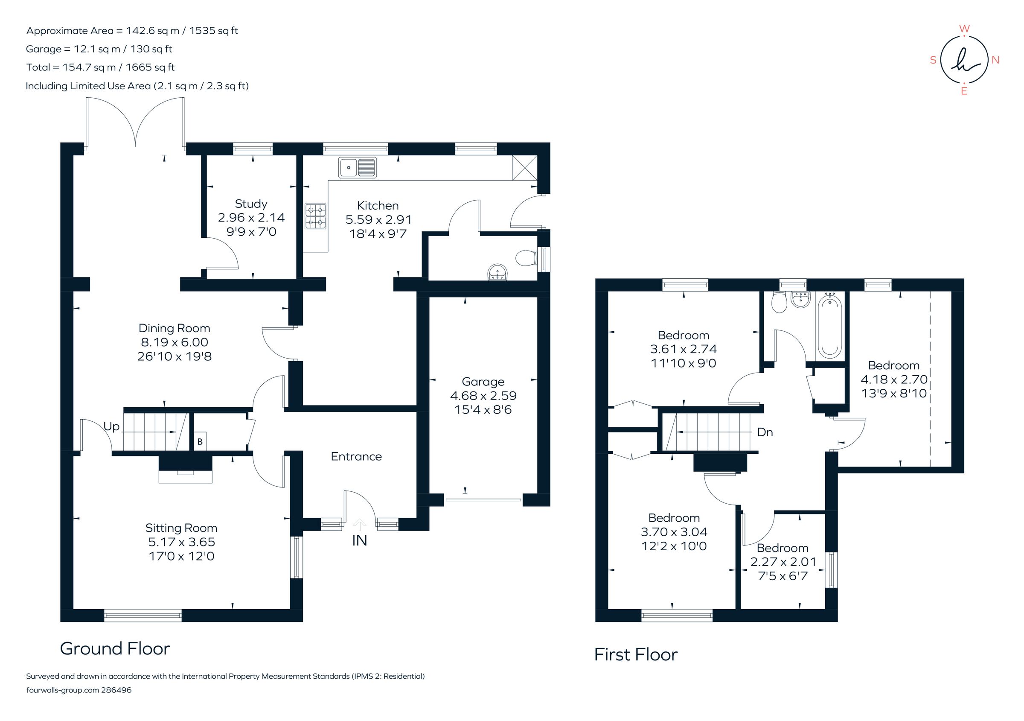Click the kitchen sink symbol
[x=357, y=167]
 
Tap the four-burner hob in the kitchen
[x=315, y=216]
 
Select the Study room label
[x=251, y=204]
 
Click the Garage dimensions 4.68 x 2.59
[x=483, y=396]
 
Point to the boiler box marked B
[x=200, y=441]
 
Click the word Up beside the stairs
[x=111, y=426]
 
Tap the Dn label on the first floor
[x=765, y=432]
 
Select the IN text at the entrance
[x=360, y=541]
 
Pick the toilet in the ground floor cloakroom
[x=526, y=258]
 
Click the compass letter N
[x=995, y=60]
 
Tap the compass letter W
[x=964, y=29]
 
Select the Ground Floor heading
[x=115, y=649]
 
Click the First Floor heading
[x=636, y=654]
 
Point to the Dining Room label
[x=175, y=328]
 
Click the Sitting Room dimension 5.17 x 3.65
[x=181, y=542]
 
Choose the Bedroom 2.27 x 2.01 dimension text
[x=783, y=562]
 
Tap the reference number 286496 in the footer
[x=116, y=690]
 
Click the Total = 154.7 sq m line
[x=100, y=67]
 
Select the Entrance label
[x=356, y=456]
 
